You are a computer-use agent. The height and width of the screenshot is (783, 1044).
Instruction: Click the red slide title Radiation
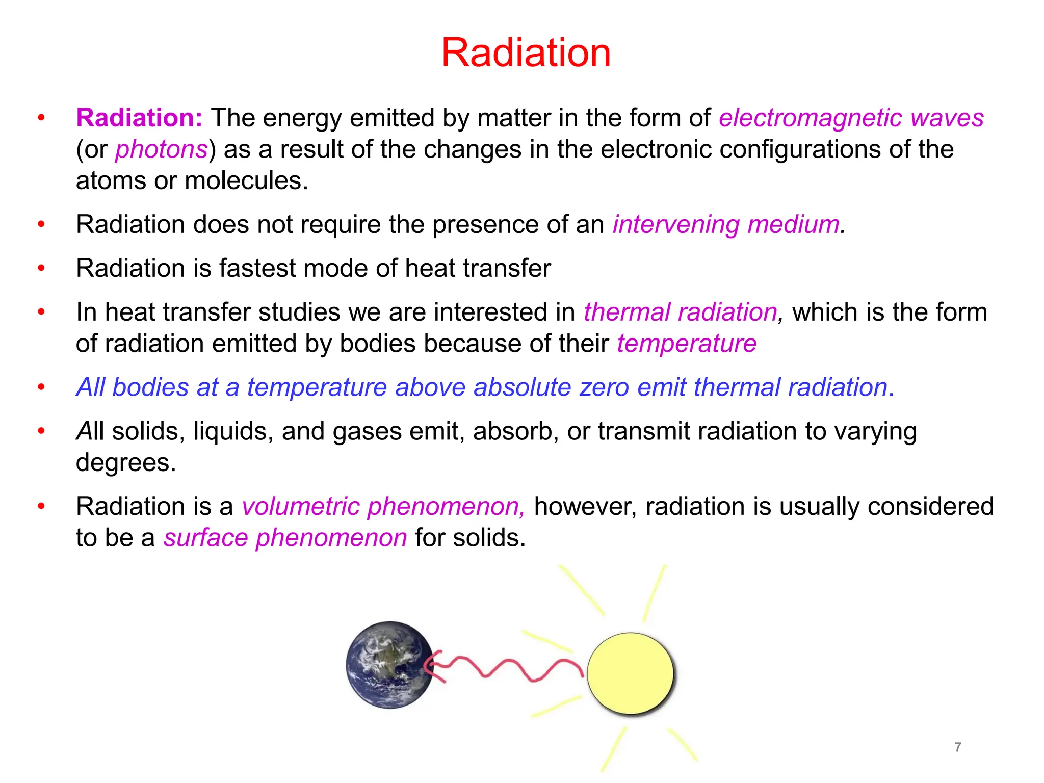click(x=526, y=53)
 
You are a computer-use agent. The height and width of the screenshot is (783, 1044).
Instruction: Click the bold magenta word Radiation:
click(x=139, y=118)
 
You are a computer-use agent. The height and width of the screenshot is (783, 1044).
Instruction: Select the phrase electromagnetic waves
click(x=851, y=118)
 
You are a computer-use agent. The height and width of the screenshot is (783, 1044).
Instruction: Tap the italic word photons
click(x=161, y=149)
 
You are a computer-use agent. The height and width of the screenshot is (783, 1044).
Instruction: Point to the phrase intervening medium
click(x=728, y=224)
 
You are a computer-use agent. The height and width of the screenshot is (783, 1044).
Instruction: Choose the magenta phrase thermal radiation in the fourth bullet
click(x=680, y=312)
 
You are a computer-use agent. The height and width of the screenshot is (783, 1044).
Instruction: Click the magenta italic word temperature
click(x=687, y=344)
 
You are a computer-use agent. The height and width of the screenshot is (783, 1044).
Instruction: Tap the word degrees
click(x=125, y=463)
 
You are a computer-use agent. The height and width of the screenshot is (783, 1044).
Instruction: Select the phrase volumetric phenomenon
click(x=382, y=507)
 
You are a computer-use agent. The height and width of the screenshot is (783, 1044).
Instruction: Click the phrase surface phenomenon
click(x=285, y=538)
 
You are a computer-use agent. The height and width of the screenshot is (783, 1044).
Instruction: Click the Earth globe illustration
click(x=390, y=665)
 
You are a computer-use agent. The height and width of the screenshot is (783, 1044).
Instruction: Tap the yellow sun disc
click(x=630, y=673)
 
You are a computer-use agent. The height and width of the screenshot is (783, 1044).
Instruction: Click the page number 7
click(x=958, y=747)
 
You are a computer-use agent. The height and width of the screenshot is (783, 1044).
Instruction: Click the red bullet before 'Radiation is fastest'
click(x=41, y=268)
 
